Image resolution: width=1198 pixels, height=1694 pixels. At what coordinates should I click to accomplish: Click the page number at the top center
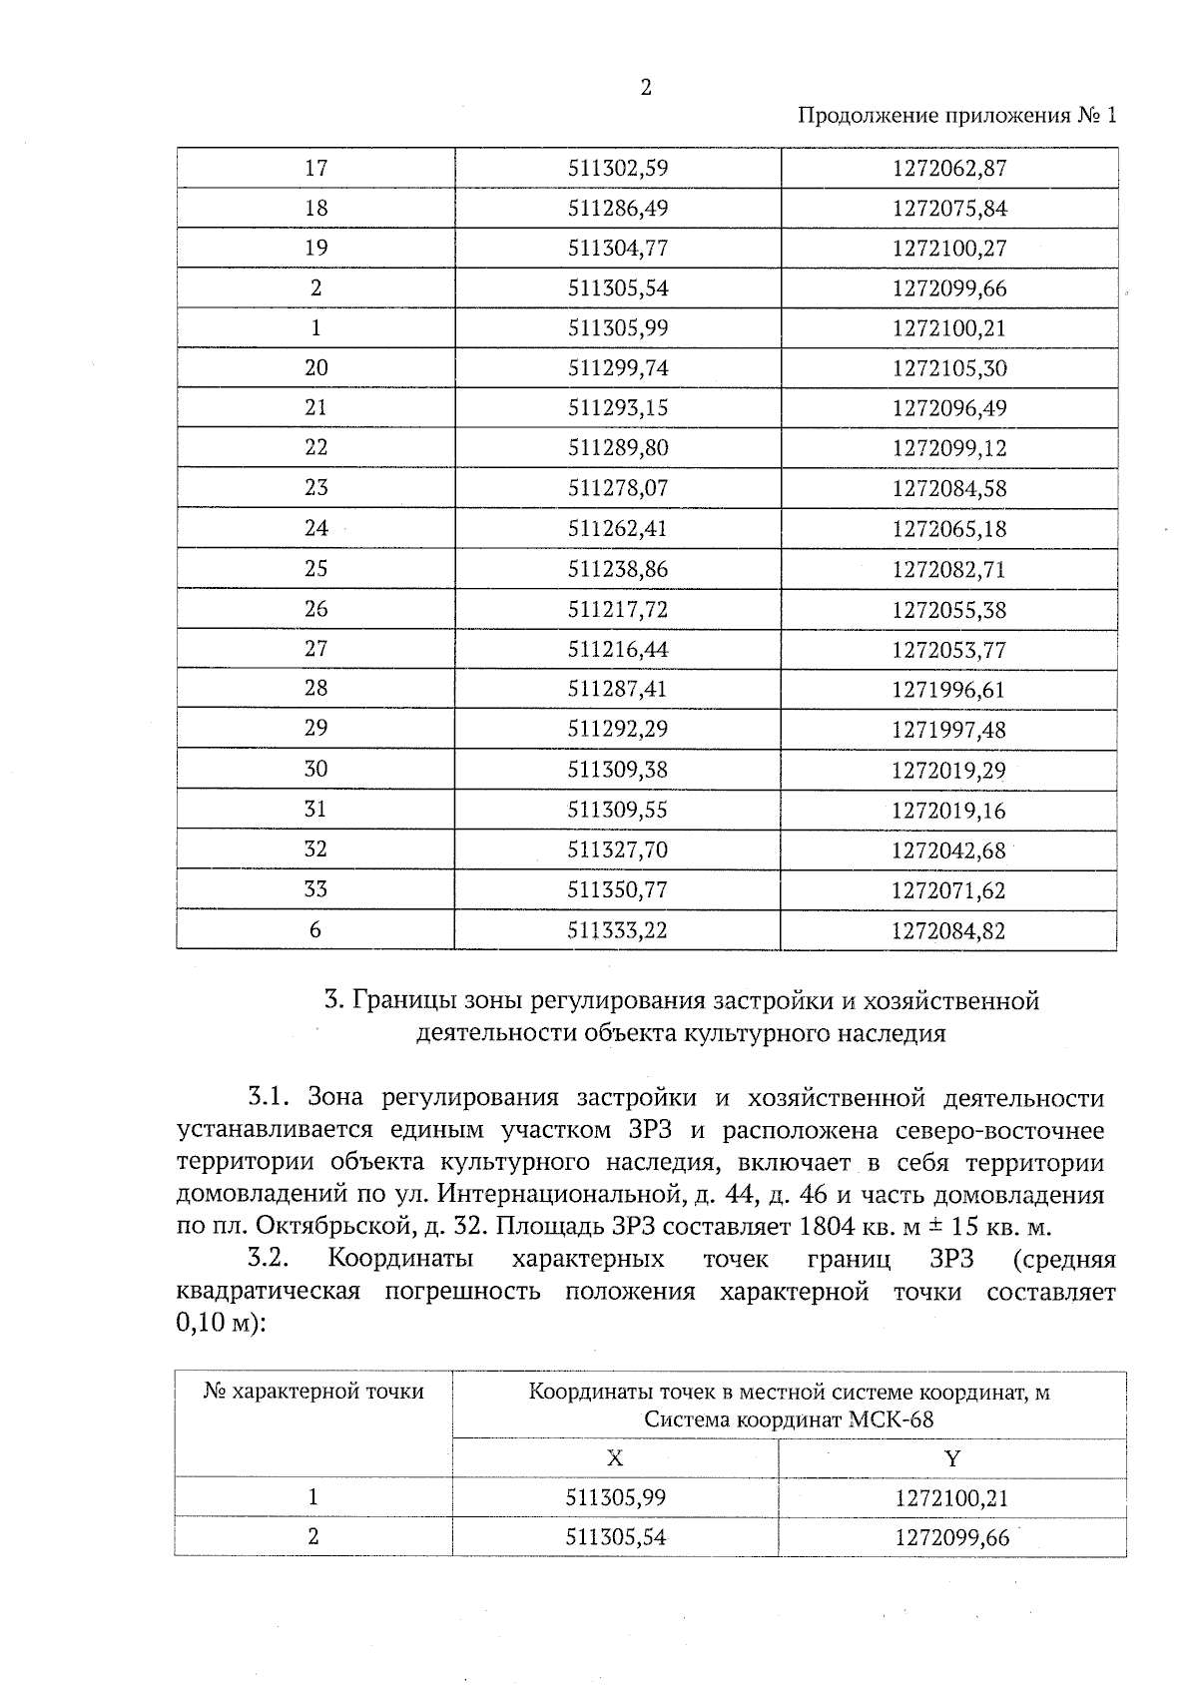pyautogui.click(x=645, y=88)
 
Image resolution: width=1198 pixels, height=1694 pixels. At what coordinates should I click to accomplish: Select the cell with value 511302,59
pyautogui.click(x=617, y=168)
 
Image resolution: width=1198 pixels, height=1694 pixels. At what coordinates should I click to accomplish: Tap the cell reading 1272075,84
pyautogui.click(x=949, y=209)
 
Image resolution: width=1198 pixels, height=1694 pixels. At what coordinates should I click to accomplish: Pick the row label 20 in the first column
pyautogui.click(x=315, y=367)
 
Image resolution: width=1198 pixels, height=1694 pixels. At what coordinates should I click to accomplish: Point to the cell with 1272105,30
pyautogui.click(x=949, y=368)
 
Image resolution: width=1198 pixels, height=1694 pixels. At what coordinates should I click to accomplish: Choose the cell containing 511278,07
pyautogui.click(x=617, y=488)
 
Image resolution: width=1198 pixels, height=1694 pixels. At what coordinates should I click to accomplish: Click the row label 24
pyautogui.click(x=315, y=528)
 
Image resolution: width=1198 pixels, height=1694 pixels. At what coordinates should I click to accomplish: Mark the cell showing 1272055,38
pyautogui.click(x=949, y=610)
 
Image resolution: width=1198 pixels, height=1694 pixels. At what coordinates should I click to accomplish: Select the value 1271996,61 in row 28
pyautogui.click(x=949, y=690)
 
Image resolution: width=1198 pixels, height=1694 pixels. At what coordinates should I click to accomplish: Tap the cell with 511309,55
pyautogui.click(x=617, y=810)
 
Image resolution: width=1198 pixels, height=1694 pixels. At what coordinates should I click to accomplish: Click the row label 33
pyautogui.click(x=315, y=889)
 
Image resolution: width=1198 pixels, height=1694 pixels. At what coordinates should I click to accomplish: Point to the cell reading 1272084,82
pyautogui.click(x=949, y=931)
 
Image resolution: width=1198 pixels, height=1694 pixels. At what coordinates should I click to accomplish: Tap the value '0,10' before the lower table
pyautogui.click(x=202, y=1325)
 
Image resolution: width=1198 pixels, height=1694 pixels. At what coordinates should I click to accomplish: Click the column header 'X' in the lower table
pyautogui.click(x=615, y=1458)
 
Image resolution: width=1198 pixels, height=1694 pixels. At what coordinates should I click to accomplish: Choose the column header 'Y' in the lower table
pyautogui.click(x=952, y=1458)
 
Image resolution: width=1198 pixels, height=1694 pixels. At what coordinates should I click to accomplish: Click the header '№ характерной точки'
pyautogui.click(x=313, y=1392)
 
